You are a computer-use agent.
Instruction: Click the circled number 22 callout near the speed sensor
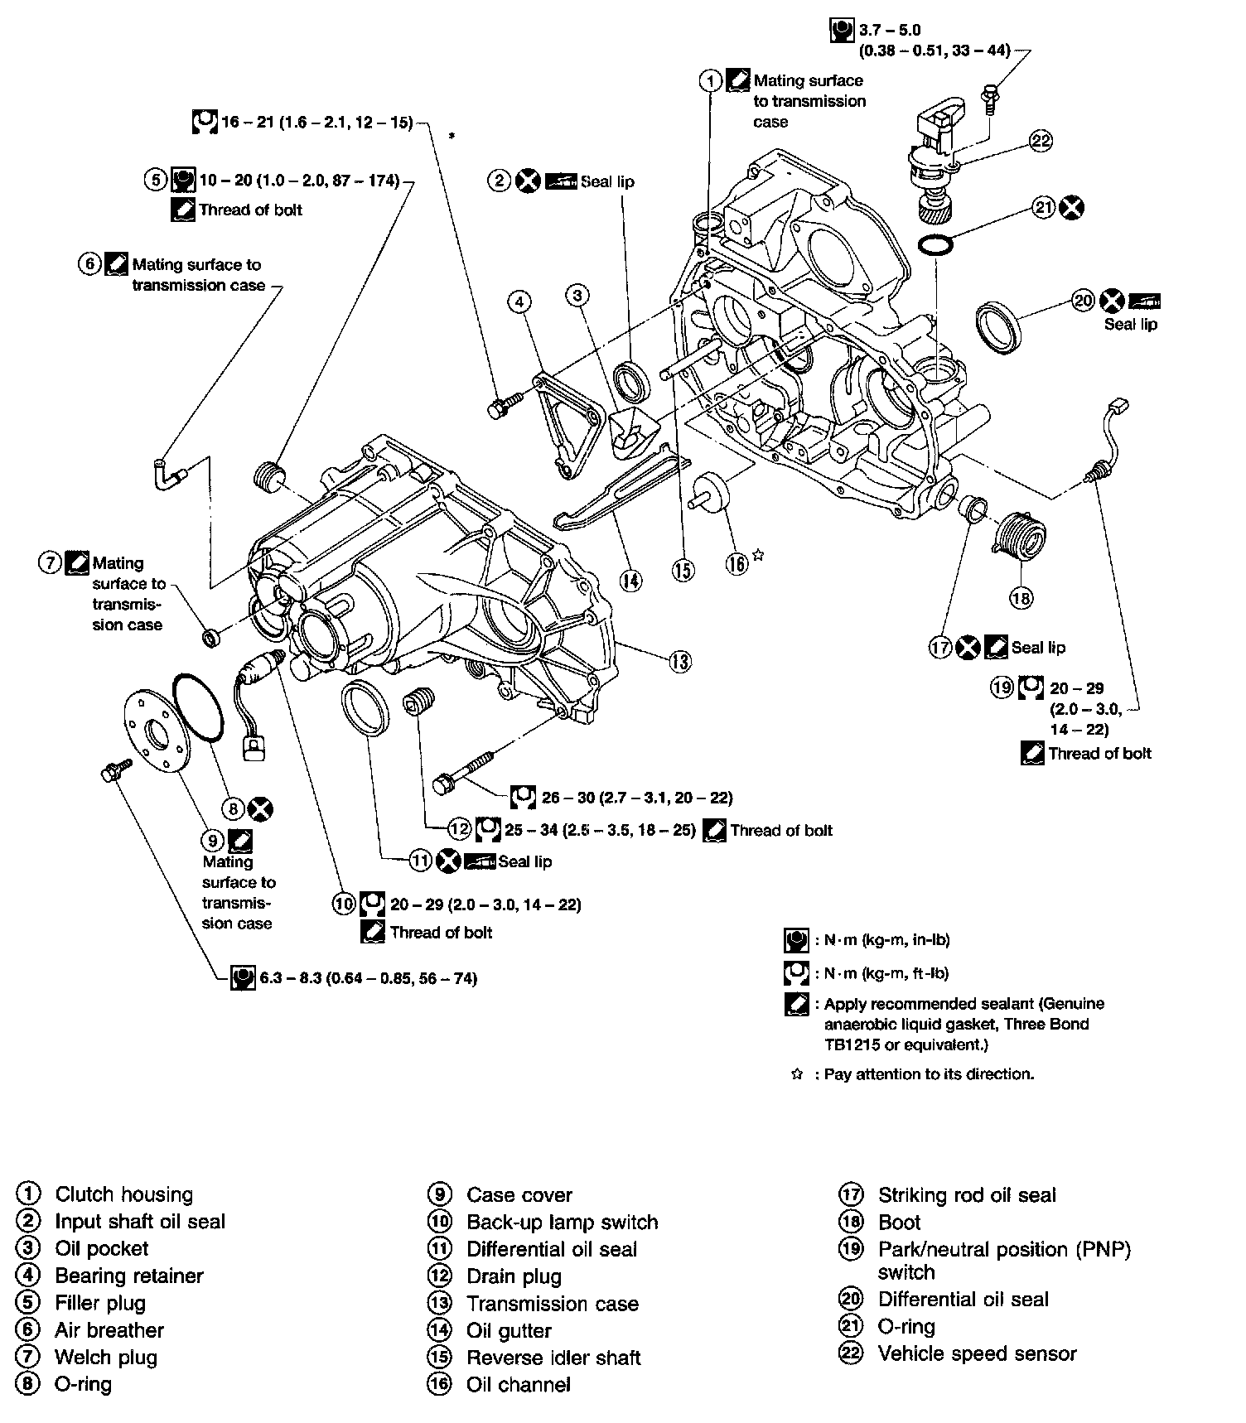click(x=1041, y=140)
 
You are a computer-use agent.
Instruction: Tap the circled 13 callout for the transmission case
click(x=680, y=661)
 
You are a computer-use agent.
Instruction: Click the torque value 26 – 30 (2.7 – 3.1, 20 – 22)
click(x=637, y=798)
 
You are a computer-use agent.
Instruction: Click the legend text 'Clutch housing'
click(x=123, y=1194)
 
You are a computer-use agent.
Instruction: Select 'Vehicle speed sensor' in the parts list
click(x=977, y=1353)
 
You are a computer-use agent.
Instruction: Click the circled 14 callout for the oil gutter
click(x=630, y=581)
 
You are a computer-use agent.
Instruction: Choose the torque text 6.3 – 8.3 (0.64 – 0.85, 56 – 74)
click(x=369, y=978)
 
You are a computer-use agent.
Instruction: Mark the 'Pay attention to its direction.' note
click(x=929, y=1074)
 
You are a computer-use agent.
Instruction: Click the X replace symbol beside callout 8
click(x=260, y=809)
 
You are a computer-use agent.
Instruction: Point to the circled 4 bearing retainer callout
click(x=519, y=301)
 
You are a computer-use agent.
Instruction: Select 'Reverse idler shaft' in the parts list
click(x=553, y=1358)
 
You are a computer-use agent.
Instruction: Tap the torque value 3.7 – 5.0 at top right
click(x=890, y=31)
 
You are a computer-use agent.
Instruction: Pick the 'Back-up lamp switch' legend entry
click(x=562, y=1222)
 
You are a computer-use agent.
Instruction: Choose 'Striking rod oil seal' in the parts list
click(x=967, y=1194)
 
